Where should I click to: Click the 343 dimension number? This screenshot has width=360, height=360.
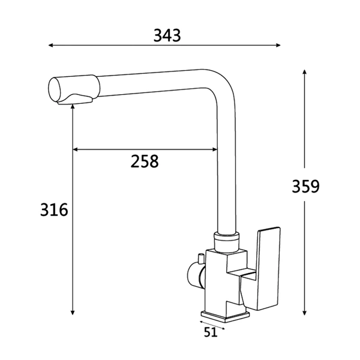tap(167, 35)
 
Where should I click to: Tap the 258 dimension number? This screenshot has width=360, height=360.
tap(145, 161)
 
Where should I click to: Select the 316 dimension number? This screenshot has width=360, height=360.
tap(54, 209)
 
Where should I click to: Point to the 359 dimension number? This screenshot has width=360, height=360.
tap(305, 186)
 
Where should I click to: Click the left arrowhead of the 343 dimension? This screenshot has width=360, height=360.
tap(51, 45)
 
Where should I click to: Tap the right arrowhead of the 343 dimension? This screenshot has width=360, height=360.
tap(278, 45)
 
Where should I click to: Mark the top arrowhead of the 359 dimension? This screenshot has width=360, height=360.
tap(304, 72)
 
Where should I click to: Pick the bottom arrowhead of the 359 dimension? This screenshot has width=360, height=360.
tap(304, 313)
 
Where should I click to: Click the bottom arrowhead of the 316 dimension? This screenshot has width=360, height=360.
tap(73, 313)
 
